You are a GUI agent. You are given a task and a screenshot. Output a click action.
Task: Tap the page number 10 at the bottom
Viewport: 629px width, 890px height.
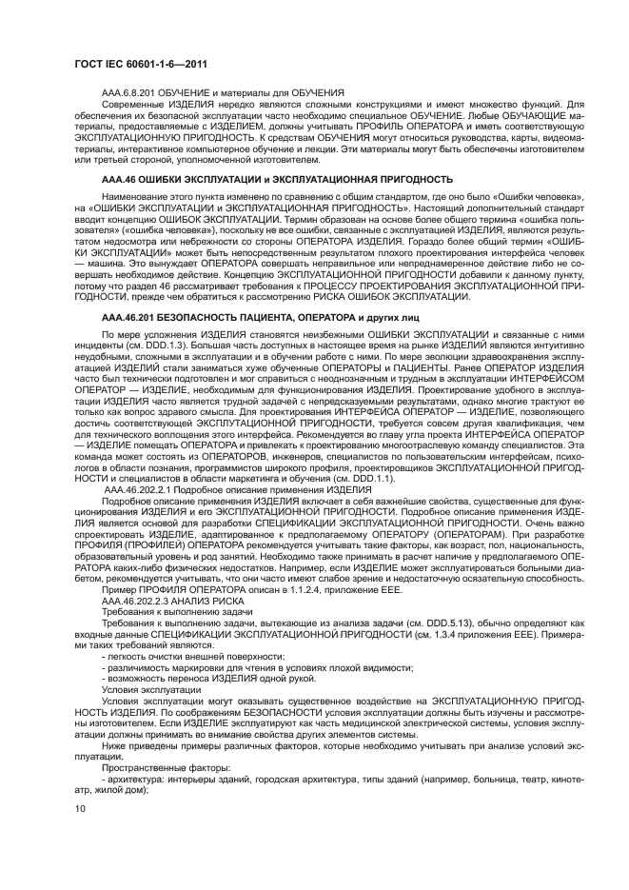coord(79,808)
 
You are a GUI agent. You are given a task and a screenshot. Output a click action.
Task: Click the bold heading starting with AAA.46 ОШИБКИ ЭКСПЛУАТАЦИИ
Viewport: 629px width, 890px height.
coord(276,178)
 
